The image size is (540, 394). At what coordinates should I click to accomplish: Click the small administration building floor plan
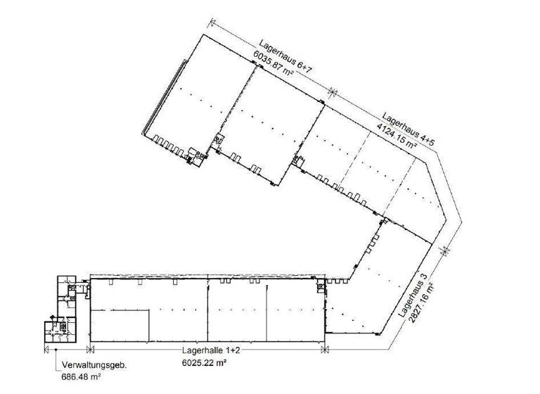[x=64, y=307]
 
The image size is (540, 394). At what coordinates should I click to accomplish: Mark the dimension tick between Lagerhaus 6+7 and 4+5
[x=333, y=90]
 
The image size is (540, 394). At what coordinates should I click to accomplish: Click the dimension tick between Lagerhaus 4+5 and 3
[x=444, y=250]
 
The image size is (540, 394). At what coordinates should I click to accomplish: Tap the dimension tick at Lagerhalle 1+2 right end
[x=323, y=348]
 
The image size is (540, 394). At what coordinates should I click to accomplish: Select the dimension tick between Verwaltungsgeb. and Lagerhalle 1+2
[x=89, y=348]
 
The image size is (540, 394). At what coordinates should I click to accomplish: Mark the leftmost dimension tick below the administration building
[x=46, y=348]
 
